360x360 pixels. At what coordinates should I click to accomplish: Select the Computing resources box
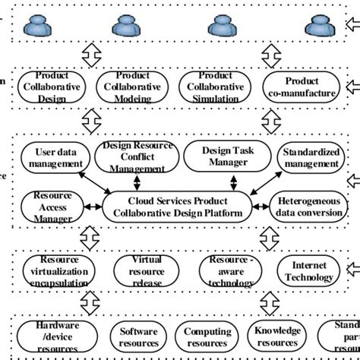[x=208, y=336]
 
